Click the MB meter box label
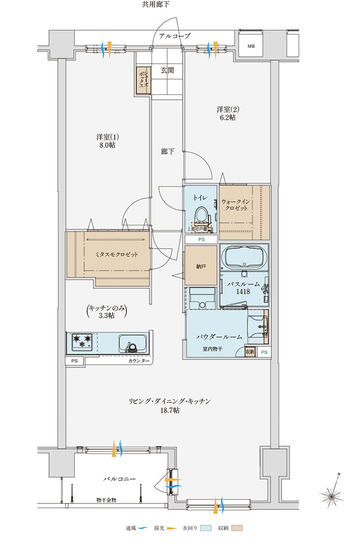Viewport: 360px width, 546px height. tap(251, 46)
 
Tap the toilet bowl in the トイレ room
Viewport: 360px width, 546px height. tap(201, 215)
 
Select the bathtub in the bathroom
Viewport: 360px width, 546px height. tap(244, 257)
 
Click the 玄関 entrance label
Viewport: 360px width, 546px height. tap(167, 70)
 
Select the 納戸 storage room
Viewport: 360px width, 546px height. tap(200, 265)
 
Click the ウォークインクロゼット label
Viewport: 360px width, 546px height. tap(236, 205)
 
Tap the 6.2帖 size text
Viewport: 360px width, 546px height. tap(228, 118)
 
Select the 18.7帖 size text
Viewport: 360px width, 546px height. tap(170, 411)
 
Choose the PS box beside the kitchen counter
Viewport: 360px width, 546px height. tap(75, 361)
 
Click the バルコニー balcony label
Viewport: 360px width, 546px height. tap(120, 479)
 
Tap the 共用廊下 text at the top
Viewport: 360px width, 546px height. tap(156, 4)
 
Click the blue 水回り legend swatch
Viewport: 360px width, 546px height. tap(206, 528)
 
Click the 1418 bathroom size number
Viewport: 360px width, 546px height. tap(243, 292)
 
